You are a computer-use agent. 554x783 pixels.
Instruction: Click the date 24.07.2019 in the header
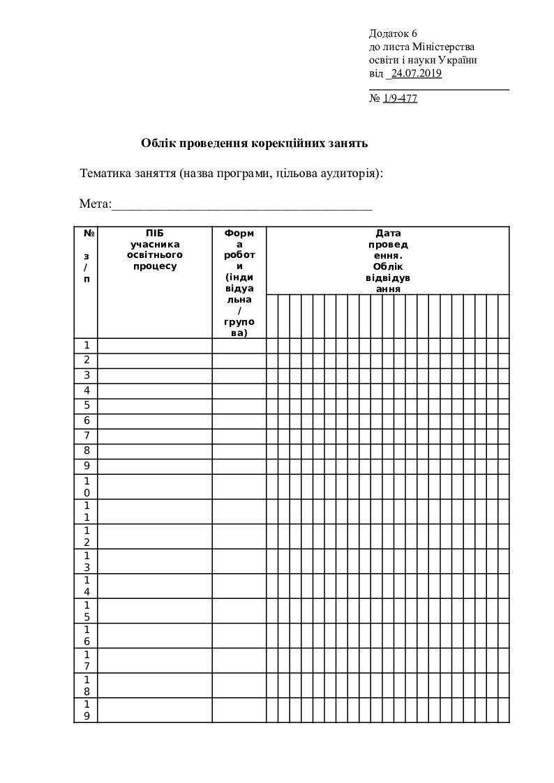click(x=416, y=73)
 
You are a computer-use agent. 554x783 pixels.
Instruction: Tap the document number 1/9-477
click(x=400, y=98)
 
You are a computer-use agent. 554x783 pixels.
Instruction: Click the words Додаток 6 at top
click(x=393, y=33)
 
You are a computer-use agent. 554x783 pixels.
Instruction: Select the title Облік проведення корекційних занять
click(x=254, y=144)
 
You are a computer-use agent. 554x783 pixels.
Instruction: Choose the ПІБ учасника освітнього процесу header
click(x=155, y=249)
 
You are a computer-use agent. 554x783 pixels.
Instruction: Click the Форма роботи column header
click(x=239, y=282)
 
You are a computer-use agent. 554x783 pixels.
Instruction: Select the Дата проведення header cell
click(x=387, y=260)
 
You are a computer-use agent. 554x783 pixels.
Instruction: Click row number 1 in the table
click(x=87, y=345)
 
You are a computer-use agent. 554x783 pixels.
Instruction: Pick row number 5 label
click(x=87, y=405)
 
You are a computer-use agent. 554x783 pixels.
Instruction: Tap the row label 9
click(x=87, y=466)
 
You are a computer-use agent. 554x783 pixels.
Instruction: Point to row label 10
click(x=87, y=487)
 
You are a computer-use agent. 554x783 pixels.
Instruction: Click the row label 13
click(x=87, y=561)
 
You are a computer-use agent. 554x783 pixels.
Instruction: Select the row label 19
click(x=87, y=710)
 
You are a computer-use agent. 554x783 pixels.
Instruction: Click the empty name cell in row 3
click(x=155, y=375)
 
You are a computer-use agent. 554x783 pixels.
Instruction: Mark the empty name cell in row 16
click(x=155, y=635)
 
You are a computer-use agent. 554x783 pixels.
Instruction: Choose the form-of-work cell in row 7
click(x=239, y=436)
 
